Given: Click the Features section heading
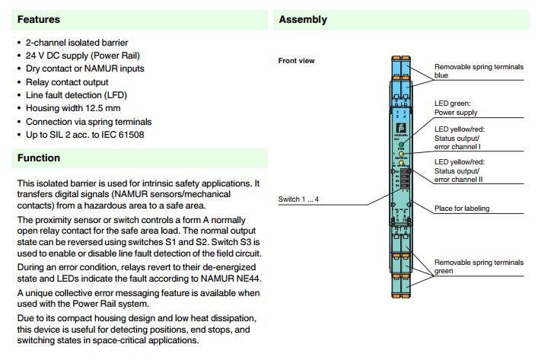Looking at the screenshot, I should (38, 19).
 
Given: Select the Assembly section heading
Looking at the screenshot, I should (303, 19).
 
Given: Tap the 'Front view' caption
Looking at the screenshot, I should (297, 60).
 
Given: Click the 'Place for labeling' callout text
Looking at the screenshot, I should (462, 209).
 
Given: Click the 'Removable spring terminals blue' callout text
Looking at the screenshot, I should (478, 71).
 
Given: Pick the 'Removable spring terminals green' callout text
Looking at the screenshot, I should (478, 266).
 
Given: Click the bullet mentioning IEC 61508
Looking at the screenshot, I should (84, 135).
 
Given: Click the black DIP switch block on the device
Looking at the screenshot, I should (403, 180).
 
